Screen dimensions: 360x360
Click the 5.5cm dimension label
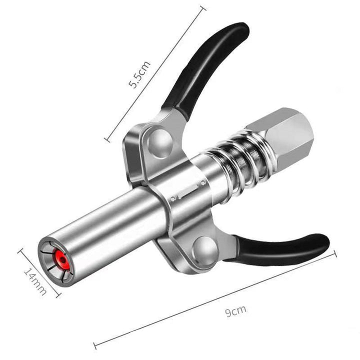coord(139,74)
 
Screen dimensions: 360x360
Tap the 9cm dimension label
coord(235,311)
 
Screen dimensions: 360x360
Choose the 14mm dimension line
coord(40,272)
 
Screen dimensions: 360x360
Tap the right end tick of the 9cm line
coord(334,254)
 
